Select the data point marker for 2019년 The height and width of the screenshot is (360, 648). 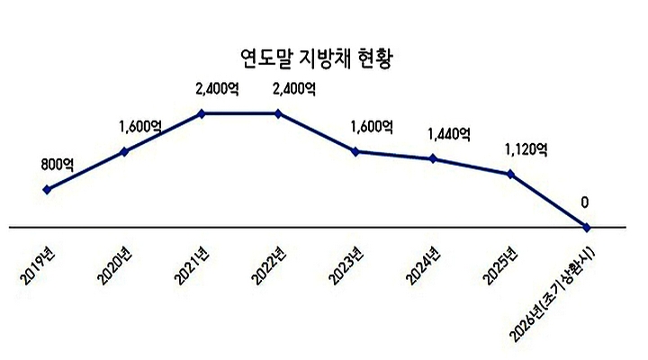coord(47,189)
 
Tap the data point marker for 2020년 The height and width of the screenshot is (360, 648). coord(124,151)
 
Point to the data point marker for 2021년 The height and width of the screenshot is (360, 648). coord(202,113)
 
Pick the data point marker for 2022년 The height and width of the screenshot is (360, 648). coord(279,113)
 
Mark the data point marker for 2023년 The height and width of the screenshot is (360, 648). coord(356,151)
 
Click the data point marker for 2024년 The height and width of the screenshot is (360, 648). coord(434,159)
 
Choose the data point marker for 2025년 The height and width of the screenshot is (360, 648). coord(511,174)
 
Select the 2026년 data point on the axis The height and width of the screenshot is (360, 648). coord(588,227)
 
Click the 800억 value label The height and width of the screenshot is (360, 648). coord(58,165)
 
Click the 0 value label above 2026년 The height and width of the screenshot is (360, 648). coord(585,202)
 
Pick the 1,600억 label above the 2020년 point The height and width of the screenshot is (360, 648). coord(139,127)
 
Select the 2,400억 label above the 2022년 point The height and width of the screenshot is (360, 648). coord(293,88)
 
